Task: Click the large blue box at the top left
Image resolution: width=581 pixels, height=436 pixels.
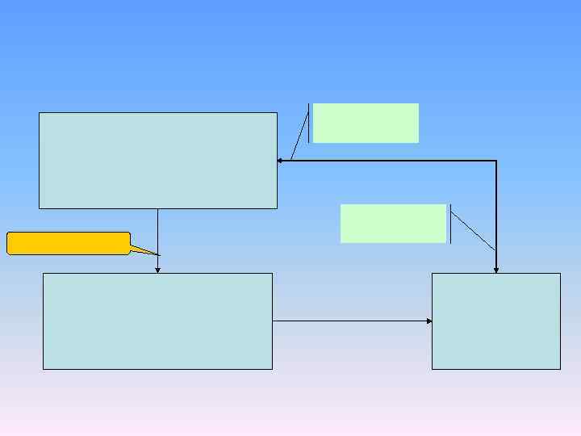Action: (157, 160)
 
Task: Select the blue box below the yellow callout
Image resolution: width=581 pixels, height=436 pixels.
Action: (157, 321)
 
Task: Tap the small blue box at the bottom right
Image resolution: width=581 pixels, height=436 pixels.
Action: (495, 321)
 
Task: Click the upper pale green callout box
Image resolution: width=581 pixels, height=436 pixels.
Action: (366, 123)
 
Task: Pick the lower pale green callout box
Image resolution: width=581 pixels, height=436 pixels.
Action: (393, 224)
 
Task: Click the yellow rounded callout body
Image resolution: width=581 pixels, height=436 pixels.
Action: (69, 243)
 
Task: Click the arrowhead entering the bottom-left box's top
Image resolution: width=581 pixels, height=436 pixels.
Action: (157, 270)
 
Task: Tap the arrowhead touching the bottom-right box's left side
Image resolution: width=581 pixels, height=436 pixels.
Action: (429, 321)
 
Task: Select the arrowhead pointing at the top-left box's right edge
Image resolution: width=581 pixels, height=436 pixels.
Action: (279, 161)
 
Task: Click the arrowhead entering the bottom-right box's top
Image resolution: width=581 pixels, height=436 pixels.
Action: (495, 270)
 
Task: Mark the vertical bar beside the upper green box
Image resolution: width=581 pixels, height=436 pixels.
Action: (308, 123)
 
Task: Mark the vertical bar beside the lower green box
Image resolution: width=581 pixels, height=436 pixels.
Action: (450, 224)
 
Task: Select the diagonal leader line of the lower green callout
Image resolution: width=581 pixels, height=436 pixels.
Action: (473, 231)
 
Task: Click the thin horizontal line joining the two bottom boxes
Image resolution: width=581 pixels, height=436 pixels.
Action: (351, 321)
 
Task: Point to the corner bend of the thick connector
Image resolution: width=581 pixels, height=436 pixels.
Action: (495, 161)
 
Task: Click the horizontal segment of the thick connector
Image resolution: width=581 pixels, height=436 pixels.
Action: (387, 161)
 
